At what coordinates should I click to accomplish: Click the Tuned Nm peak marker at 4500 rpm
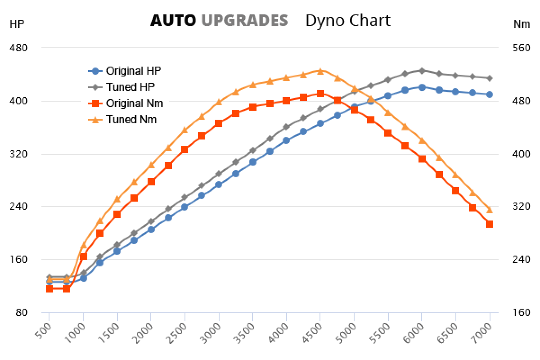coord(320,71)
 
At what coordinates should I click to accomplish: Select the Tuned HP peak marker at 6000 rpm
coord(422,71)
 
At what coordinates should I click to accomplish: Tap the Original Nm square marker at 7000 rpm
coord(490,224)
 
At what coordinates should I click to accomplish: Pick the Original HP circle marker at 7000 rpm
coord(490,94)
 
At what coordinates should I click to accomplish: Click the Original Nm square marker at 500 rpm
coord(49,288)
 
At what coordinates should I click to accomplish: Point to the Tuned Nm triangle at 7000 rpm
coord(490,210)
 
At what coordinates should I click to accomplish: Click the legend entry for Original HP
coord(133,71)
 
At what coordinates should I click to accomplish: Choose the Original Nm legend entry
coord(134,103)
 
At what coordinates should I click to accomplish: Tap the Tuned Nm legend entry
coord(131,120)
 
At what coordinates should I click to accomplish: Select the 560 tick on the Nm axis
coord(522,48)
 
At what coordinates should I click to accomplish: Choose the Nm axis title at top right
coord(522,24)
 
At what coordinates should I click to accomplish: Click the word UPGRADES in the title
coord(244,21)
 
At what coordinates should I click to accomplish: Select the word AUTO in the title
coord(173,21)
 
